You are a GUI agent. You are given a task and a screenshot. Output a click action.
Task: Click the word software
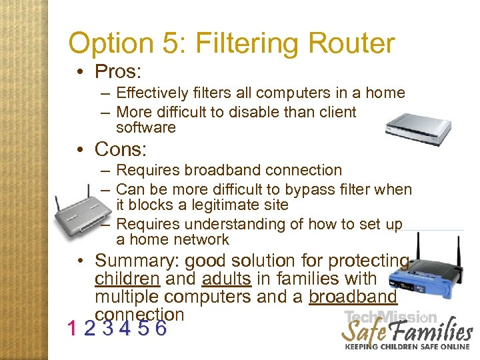(x=145, y=127)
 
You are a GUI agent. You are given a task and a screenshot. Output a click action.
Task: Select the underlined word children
(x=127, y=278)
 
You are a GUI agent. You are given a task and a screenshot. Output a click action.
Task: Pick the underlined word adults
(x=227, y=278)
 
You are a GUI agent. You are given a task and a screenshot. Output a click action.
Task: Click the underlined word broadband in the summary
(x=353, y=296)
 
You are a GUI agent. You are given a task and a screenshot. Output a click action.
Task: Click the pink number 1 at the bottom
(x=72, y=329)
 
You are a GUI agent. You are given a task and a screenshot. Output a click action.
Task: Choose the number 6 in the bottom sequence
(x=160, y=329)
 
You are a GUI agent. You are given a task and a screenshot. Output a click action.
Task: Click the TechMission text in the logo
(x=391, y=317)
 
